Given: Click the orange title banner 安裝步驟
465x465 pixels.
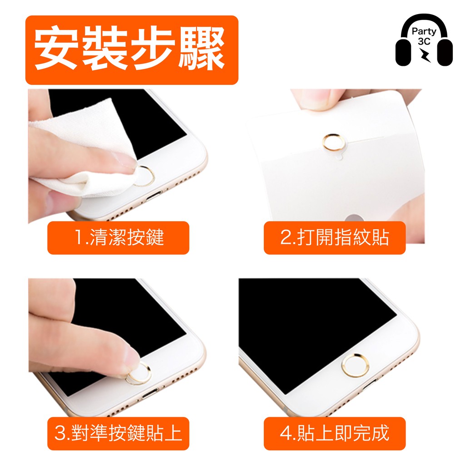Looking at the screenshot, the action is [x=132, y=50].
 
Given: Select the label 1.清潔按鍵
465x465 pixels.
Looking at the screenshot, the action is [x=119, y=237].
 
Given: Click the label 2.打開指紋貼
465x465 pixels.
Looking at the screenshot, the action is [x=335, y=237].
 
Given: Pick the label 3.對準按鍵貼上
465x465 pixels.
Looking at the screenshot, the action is [x=119, y=433].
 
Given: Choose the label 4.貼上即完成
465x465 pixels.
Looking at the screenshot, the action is [x=335, y=433].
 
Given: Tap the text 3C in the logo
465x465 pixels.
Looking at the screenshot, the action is [x=424, y=41].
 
